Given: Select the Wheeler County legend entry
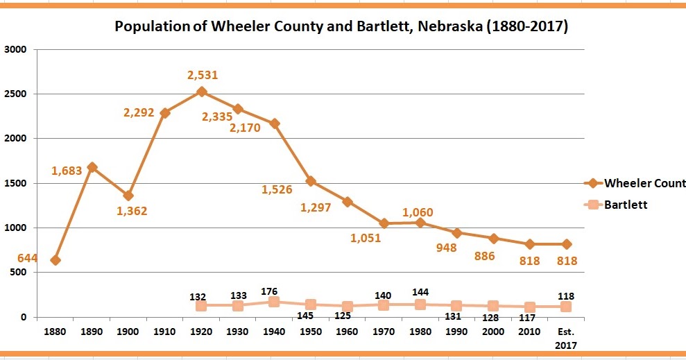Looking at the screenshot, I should tap(637, 183).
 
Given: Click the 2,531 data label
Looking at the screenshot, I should tap(202, 75).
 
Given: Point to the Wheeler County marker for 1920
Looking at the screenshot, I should tap(202, 92).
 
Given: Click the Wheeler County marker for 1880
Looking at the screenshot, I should tap(55, 260).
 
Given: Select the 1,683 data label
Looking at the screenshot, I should tap(68, 170).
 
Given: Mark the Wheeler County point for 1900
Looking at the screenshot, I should tap(128, 196).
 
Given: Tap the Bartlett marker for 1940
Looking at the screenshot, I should tap(274, 302).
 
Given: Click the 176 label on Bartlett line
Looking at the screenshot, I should tap(274, 290).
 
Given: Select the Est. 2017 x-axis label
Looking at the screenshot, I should tap(567, 337).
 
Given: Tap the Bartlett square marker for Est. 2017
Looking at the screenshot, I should tap(567, 307).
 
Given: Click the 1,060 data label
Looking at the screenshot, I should tap(420, 212).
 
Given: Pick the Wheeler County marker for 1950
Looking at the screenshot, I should tap(311, 181).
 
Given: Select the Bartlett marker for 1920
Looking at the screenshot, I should tap(202, 306).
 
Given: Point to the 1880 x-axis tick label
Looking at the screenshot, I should tap(55, 332).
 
